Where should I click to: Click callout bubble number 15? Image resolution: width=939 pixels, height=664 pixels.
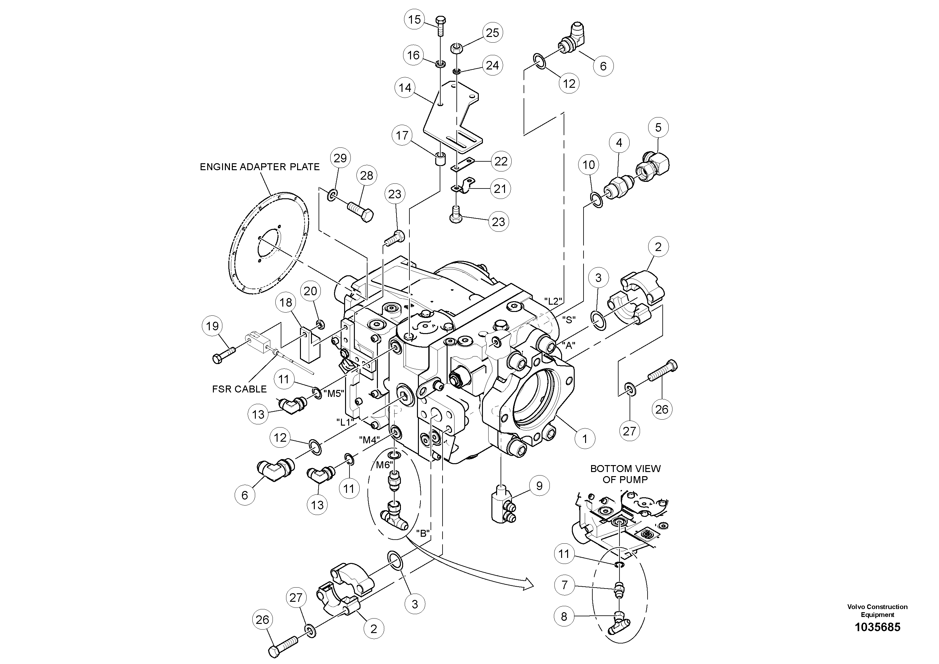pos(414,19)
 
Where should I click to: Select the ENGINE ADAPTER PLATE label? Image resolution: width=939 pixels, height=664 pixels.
pos(259,167)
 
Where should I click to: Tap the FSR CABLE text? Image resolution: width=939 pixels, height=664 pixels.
pos(239,389)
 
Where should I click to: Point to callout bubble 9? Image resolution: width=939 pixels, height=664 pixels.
pos(539,486)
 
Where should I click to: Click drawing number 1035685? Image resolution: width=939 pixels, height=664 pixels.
pos(878,627)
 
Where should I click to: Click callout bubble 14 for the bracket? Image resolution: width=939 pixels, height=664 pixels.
pos(405,87)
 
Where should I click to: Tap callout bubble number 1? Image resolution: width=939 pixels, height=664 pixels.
pos(584,439)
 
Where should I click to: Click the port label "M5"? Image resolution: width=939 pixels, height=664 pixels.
pos(334,394)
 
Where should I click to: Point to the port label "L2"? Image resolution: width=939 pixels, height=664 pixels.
pos(553,301)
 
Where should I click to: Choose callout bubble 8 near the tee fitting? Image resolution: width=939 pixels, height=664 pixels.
pos(564,617)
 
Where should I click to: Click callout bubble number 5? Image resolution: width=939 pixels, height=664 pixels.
pos(658,127)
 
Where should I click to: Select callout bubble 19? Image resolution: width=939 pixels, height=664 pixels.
pos(212,326)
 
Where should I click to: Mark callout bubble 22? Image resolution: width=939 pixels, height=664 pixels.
pos(501,161)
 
